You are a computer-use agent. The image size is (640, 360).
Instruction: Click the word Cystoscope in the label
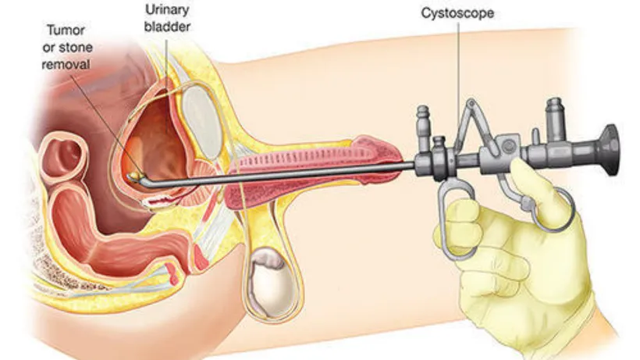(x=457, y=13)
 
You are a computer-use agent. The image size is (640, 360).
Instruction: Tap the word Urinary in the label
(x=167, y=9)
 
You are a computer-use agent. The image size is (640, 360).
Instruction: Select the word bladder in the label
(x=167, y=27)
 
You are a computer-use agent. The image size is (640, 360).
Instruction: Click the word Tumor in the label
(x=66, y=30)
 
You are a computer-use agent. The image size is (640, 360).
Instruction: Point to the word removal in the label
(x=66, y=65)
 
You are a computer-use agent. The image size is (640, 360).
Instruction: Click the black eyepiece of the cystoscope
(x=610, y=150)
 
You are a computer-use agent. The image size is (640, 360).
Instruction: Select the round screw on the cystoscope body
(x=508, y=146)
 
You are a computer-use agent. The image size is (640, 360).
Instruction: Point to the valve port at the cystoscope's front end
(x=423, y=127)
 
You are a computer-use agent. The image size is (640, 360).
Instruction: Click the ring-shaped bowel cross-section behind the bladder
(x=64, y=156)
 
